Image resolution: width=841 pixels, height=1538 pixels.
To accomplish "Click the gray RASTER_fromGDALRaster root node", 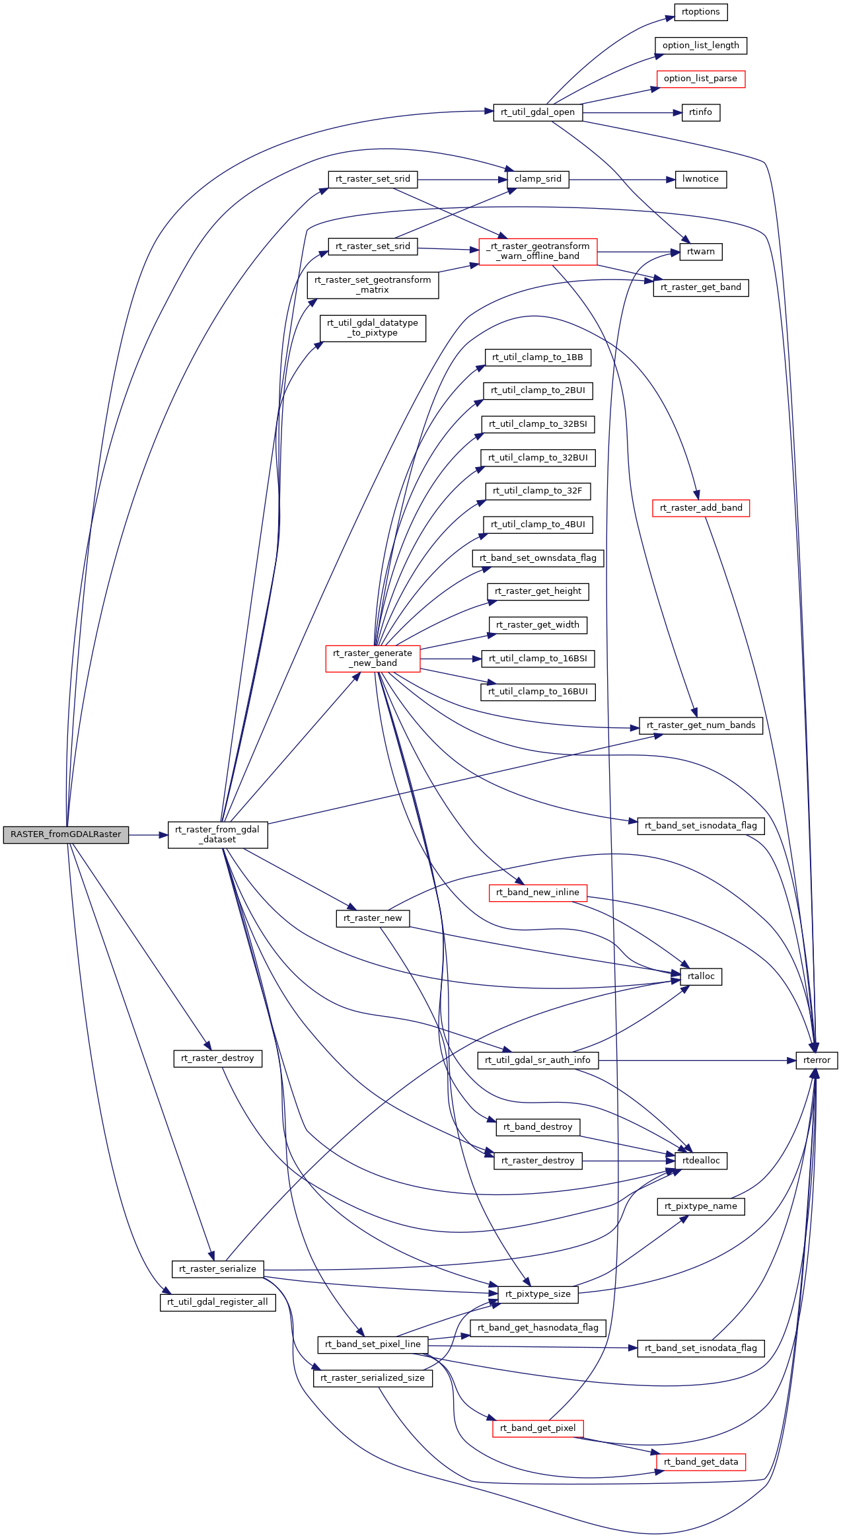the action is [x=66, y=834].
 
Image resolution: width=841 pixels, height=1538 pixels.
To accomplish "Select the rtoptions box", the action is [x=701, y=12].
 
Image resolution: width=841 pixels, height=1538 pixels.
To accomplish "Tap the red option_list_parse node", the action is [x=700, y=79].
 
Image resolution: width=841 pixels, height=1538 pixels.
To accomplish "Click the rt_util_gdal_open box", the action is [x=538, y=112].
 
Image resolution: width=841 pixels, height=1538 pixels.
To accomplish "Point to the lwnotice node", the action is [x=700, y=179].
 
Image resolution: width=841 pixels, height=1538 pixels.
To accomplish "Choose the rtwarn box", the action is [x=701, y=252].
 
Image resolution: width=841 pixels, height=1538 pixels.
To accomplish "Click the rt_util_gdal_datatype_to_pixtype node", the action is [x=373, y=328].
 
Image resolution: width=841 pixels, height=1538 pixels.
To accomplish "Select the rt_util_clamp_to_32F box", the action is [x=538, y=491].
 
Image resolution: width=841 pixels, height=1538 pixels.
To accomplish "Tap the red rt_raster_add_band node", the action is [x=701, y=508].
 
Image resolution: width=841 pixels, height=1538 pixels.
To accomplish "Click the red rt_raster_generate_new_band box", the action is [x=373, y=659].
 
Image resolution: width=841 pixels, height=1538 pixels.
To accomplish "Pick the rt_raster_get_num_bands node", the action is [x=701, y=725].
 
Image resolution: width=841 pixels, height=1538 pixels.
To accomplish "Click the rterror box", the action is [x=817, y=1060].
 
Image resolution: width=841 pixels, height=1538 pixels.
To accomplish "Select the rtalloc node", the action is [x=701, y=976].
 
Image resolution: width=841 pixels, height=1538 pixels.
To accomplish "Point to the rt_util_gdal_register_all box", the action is [x=217, y=1302].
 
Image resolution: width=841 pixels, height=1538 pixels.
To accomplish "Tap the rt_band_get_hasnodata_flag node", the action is [x=538, y=1328].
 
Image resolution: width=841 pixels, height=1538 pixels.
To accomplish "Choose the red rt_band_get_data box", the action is [x=701, y=1462].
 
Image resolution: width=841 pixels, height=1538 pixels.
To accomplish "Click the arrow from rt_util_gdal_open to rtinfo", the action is [x=632, y=113].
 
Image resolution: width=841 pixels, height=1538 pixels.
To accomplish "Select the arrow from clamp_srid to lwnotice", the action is [x=622, y=180].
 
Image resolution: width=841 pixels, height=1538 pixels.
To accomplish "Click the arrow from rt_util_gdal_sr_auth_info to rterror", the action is [x=697, y=1060].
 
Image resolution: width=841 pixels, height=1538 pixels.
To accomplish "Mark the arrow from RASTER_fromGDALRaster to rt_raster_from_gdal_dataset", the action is [x=149, y=835].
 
